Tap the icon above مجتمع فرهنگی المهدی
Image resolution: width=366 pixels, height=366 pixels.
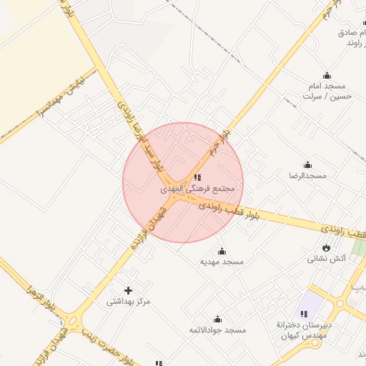click(198, 177)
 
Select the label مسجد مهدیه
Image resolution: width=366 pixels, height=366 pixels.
click(222, 262)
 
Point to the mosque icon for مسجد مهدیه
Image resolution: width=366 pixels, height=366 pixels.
click(222, 251)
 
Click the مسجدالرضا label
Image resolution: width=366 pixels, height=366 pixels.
click(307, 175)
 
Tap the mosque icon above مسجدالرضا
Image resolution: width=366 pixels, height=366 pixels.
click(307, 164)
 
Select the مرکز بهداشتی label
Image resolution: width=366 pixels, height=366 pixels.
click(129, 302)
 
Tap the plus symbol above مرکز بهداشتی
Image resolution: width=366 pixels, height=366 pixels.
click(128, 290)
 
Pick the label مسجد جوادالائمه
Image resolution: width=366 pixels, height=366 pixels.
click(217, 330)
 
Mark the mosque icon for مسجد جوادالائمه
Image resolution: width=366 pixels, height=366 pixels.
click(217, 320)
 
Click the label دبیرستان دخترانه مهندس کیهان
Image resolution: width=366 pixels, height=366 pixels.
click(303, 330)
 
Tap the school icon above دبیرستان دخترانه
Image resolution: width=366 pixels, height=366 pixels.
click(304, 314)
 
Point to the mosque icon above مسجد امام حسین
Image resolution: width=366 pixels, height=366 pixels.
click(327, 75)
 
